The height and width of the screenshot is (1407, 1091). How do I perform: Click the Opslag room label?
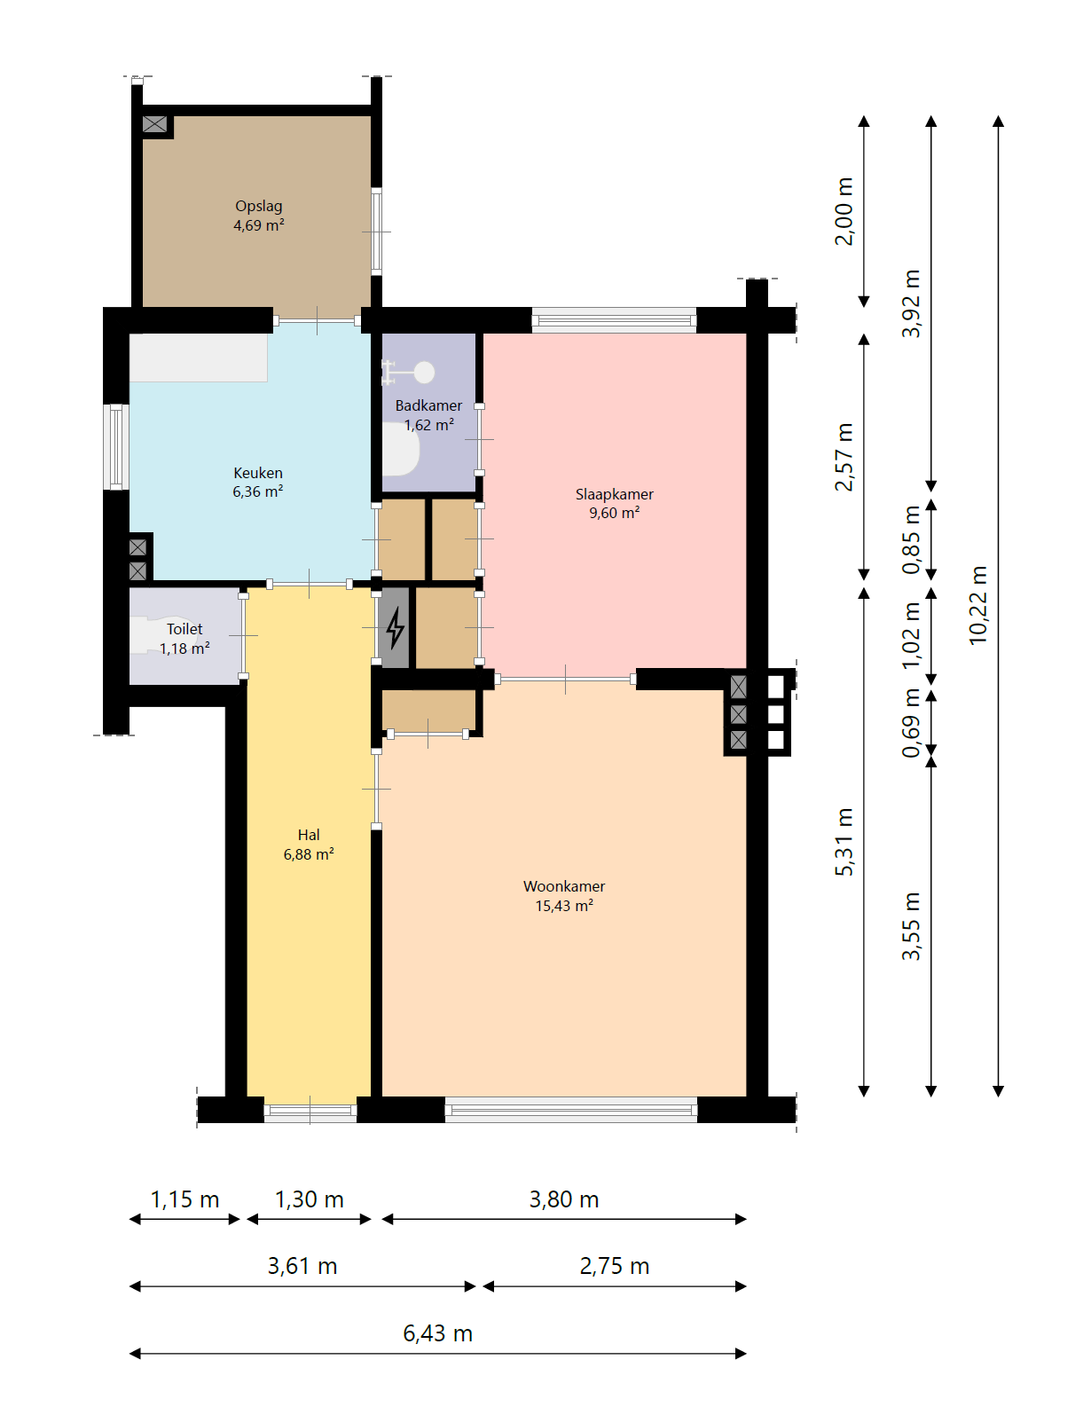point(258,216)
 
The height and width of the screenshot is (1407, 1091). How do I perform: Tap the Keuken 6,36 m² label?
point(257,483)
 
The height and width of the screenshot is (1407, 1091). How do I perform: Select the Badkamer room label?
point(428,415)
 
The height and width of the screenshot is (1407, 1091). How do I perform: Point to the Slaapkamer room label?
point(614,504)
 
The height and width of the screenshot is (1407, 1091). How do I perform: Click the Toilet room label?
point(184,639)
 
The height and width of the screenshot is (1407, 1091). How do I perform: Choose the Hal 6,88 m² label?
point(309,845)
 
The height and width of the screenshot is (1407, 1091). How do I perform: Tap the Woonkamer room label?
point(563,895)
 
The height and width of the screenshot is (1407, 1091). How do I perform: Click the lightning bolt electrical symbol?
point(395,627)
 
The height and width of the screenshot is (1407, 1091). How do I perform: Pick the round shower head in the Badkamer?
point(424,373)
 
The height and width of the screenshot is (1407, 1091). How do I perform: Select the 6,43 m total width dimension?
point(437,1333)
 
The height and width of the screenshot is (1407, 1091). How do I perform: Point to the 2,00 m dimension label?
point(844,211)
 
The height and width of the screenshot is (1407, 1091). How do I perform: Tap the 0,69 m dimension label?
point(910,723)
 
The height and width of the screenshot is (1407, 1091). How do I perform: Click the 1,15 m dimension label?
point(184,1199)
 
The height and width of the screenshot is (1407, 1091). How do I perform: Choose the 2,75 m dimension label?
point(614,1266)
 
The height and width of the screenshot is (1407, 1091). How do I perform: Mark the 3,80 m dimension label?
point(563,1199)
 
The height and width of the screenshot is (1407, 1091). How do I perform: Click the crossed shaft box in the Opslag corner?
point(154,123)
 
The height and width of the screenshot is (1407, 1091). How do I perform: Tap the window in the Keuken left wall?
point(116,447)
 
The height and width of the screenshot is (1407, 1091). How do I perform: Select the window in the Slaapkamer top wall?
point(614,320)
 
